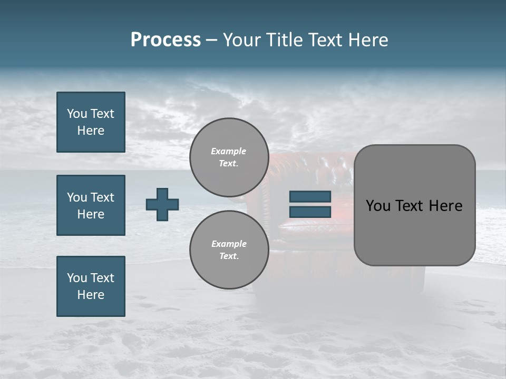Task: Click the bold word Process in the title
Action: click(166, 40)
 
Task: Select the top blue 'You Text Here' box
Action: click(91, 122)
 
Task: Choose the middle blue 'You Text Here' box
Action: click(91, 205)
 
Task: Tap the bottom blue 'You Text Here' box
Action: click(91, 286)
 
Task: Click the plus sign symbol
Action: click(162, 204)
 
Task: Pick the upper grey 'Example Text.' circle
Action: click(229, 157)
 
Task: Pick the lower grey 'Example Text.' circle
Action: click(229, 250)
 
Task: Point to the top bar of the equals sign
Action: click(310, 197)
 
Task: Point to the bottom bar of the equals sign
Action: click(310, 212)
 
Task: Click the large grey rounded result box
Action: click(414, 205)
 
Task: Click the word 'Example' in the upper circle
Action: click(229, 151)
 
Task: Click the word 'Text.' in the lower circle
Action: click(229, 256)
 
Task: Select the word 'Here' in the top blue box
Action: click(91, 131)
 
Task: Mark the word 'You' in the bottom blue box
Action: click(77, 278)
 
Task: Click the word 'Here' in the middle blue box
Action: click(91, 214)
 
